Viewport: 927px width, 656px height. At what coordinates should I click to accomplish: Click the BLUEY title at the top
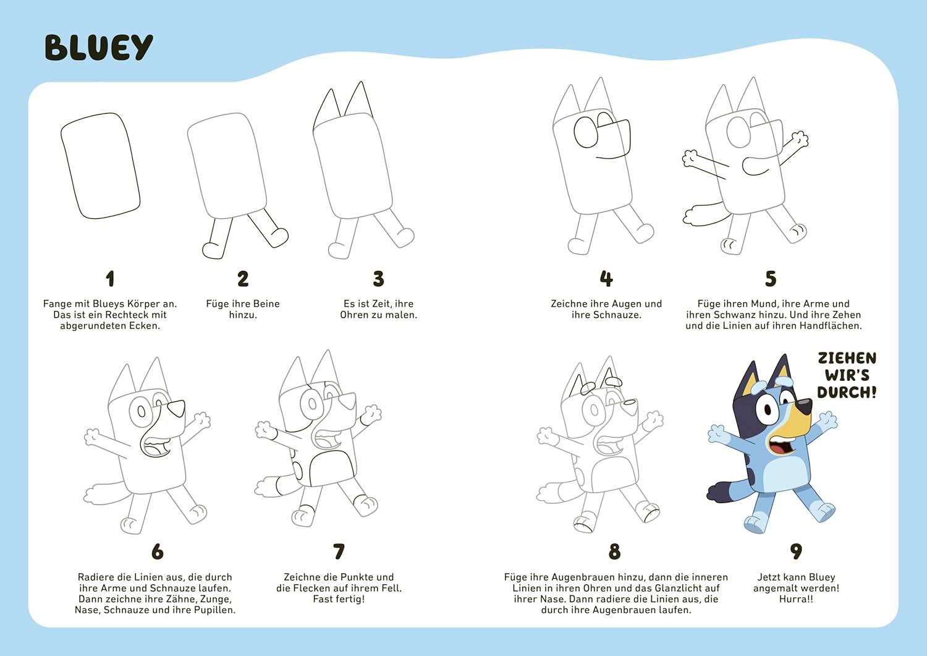[x=99, y=48]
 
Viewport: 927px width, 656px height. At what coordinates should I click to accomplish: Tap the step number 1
[x=110, y=279]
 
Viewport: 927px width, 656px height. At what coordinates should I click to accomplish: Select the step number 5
[x=771, y=279]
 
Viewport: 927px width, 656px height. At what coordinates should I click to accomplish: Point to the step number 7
[x=339, y=552]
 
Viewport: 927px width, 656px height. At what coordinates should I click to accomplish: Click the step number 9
[x=796, y=551]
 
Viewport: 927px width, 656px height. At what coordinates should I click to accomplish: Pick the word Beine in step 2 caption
[x=265, y=304]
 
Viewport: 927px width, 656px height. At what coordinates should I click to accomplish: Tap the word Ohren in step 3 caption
[x=355, y=315]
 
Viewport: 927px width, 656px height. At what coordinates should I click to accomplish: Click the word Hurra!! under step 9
[x=796, y=599]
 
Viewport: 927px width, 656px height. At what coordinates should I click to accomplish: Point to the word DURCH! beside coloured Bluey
[x=847, y=393]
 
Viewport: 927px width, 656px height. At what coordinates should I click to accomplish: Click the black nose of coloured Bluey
[x=803, y=406]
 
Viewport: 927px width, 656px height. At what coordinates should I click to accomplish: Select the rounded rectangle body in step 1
[x=100, y=166]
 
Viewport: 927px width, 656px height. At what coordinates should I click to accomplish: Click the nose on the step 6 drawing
[x=177, y=408]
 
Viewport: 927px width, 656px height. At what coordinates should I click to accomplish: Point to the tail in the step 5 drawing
[x=705, y=213]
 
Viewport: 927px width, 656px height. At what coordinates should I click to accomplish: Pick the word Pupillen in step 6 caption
[x=214, y=610]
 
